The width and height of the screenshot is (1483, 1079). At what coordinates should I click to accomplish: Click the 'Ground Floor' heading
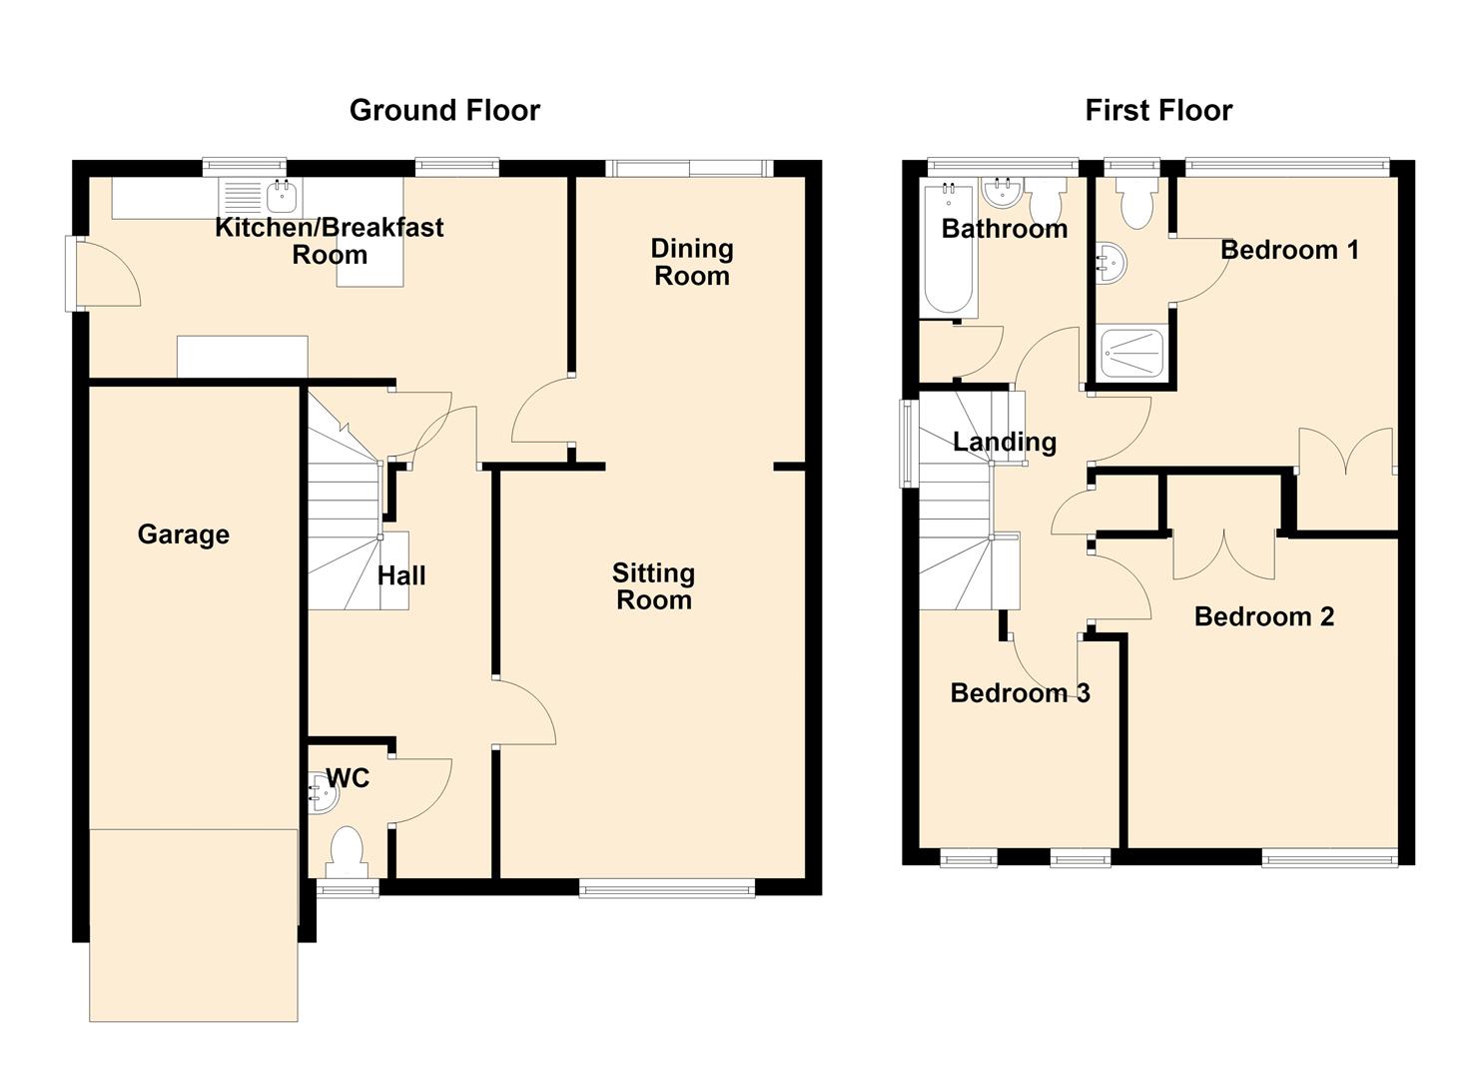pos(444,110)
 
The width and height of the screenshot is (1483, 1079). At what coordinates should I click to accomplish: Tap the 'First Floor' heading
pos(1158,110)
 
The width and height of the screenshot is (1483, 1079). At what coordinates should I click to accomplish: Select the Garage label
pos(184,535)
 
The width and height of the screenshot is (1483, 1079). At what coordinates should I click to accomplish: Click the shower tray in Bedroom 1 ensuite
pos(1132,354)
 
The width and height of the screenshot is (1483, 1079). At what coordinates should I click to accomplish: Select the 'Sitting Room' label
pos(653,586)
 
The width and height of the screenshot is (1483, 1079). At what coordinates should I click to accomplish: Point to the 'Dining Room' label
pos(692,263)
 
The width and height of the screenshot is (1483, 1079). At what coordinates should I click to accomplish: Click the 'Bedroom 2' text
pos(1264,616)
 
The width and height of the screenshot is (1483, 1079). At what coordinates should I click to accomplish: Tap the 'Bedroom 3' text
pos(1020,692)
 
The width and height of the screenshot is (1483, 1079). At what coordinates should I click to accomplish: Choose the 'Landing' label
pos(1005,442)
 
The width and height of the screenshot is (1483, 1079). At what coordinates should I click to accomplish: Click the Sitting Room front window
pos(667,888)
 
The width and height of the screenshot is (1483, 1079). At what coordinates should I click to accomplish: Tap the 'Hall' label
pos(401,575)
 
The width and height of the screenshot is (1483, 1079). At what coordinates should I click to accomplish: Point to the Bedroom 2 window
pos(1329,859)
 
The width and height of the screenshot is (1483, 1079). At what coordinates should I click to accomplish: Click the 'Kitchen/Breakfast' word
pos(329,228)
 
